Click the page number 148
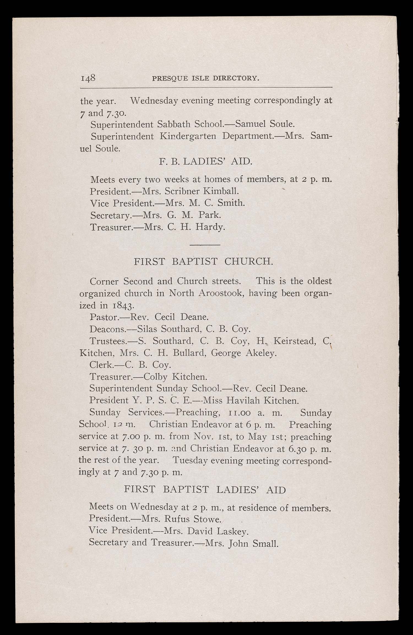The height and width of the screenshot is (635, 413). click(88, 78)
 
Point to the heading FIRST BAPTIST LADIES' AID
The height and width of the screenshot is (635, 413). click(205, 490)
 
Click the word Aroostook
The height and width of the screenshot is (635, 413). click(220, 293)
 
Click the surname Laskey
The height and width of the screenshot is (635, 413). click(233, 531)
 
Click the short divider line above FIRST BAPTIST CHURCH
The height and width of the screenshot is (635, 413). click(205, 244)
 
